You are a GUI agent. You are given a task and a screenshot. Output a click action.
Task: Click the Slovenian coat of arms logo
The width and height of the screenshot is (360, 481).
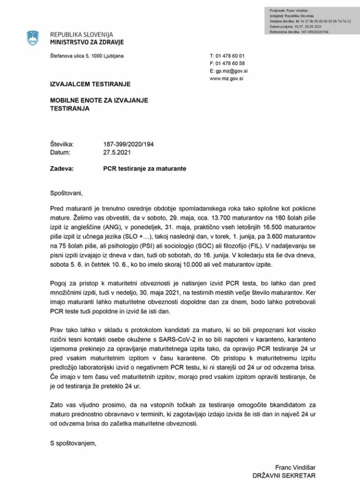point(33,38)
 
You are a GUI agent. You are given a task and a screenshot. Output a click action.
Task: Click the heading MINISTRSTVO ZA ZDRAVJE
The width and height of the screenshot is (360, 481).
point(87,42)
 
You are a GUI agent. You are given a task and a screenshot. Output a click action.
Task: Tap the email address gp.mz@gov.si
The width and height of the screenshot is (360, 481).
point(232,71)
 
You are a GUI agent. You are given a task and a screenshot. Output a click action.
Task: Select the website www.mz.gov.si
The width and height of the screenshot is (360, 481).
point(226,79)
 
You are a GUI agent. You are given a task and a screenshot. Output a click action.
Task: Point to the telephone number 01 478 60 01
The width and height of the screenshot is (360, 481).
point(231,55)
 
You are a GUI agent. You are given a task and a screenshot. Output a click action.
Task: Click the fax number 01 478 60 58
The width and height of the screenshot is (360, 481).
point(231,63)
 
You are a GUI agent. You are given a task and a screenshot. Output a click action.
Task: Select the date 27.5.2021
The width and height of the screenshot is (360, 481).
point(117,152)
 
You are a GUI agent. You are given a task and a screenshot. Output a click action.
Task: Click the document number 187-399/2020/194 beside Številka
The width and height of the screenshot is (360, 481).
point(128,144)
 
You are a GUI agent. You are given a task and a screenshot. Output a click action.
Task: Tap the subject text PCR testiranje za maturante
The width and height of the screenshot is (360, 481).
point(145,168)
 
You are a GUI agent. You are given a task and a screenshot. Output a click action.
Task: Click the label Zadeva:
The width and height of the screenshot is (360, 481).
point(62,168)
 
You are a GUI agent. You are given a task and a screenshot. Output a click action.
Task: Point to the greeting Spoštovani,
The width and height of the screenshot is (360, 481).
point(66,194)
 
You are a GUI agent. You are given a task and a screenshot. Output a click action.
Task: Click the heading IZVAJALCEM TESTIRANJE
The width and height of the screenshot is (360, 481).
point(90,84)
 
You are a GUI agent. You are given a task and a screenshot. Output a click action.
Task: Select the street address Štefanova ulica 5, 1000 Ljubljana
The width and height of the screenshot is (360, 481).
point(87,56)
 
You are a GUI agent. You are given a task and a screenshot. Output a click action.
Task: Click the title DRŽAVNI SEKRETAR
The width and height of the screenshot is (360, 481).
point(284,476)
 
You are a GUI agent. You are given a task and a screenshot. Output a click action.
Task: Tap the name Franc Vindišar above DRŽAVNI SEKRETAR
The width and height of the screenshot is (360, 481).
point(295,468)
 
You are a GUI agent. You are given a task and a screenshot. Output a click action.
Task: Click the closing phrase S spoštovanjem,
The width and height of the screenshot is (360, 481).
point(73,442)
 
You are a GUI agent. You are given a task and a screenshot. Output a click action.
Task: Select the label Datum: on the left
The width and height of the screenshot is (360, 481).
point(61,152)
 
